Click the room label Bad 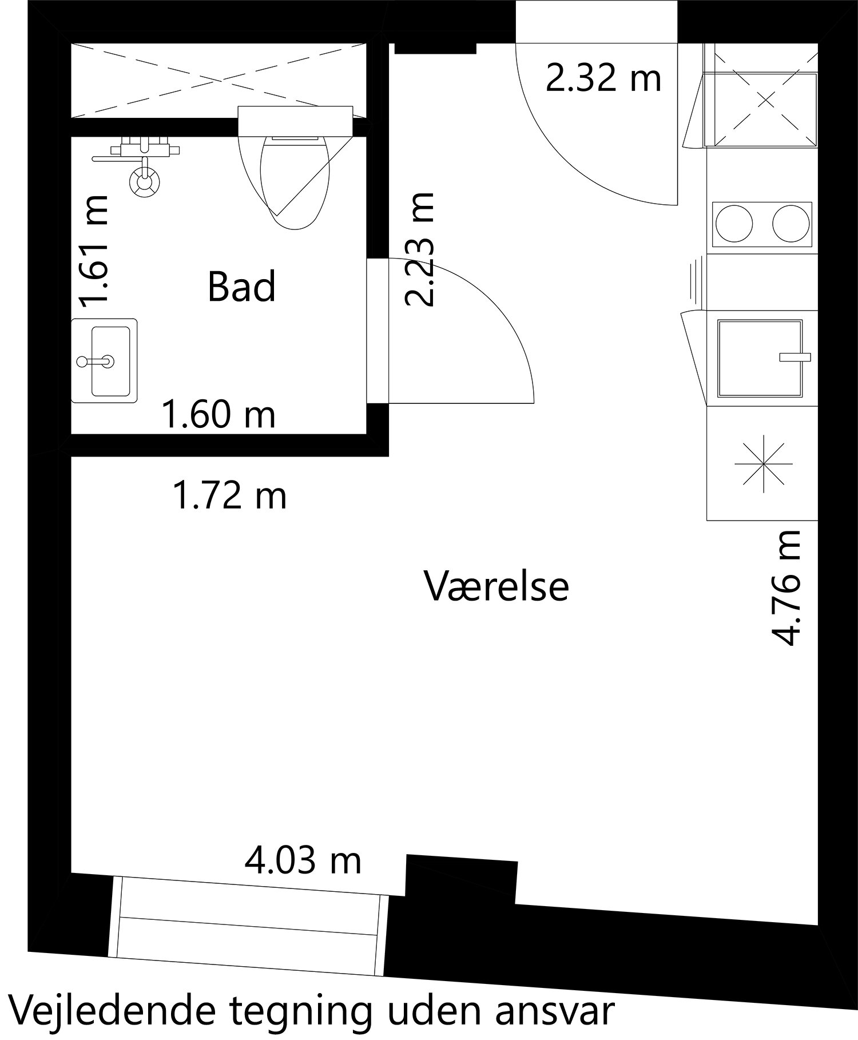coord(241,287)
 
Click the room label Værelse coord(496,586)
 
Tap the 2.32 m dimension coord(603,78)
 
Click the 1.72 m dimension coord(229,495)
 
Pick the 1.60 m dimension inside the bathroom coord(219,415)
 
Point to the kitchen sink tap coord(795,358)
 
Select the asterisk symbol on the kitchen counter coord(764,463)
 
